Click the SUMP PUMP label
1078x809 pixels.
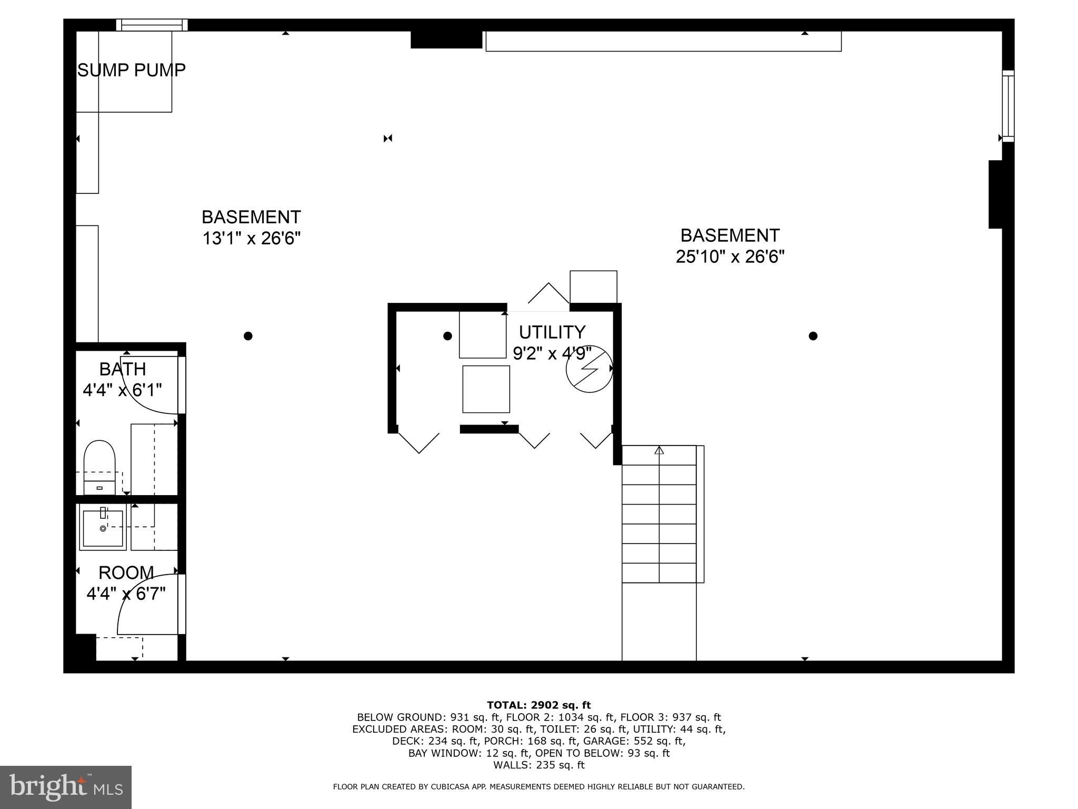132,70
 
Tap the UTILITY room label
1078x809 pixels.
552,332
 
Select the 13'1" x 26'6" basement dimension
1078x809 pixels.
252,239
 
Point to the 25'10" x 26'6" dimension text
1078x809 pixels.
730,257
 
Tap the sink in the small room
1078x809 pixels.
103,527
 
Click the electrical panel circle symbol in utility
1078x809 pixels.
589,369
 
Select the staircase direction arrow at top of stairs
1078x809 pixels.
659,450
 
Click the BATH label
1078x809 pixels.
123,369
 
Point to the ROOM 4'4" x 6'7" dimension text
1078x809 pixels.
126,594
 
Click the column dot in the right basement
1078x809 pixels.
813,336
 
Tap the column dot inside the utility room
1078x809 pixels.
447,336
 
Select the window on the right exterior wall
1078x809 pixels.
1007,106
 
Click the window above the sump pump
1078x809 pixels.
152,25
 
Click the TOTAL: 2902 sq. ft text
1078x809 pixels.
538,705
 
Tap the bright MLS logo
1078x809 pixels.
66,787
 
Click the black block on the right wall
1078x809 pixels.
995,194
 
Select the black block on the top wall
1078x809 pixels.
446,40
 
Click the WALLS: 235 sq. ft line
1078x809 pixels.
538,765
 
